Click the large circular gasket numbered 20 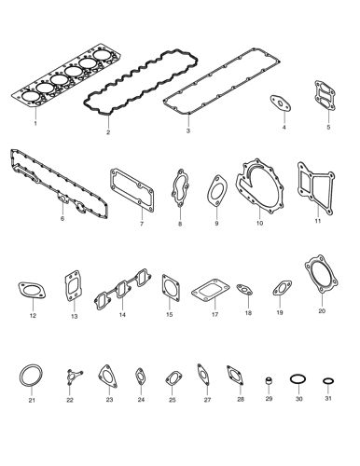pyautogui.click(x=322, y=281)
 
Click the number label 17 pyautogui.click(x=214, y=316)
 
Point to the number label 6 pyautogui.click(x=62, y=219)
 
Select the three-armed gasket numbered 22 pyautogui.click(x=70, y=379)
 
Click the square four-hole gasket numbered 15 pyautogui.click(x=170, y=288)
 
